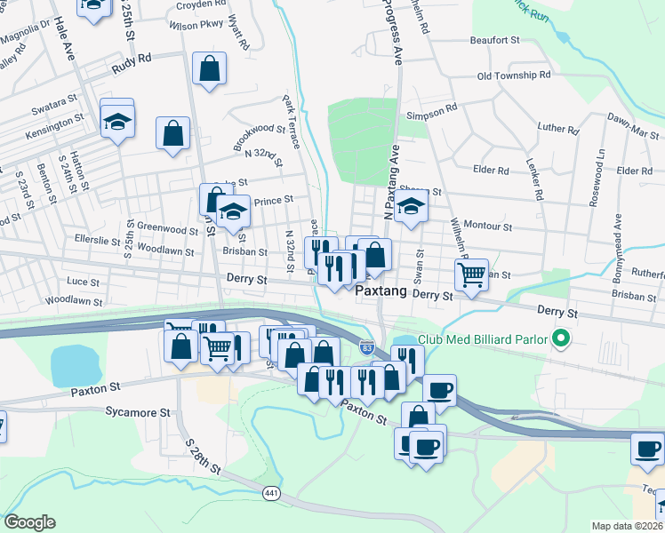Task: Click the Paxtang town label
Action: (x=381, y=291)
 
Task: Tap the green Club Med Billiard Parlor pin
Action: (x=560, y=338)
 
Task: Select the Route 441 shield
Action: (x=272, y=491)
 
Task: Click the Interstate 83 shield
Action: (x=367, y=345)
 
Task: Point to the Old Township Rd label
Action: (x=514, y=76)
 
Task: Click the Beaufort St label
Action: (x=495, y=40)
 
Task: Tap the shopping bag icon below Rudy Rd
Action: (x=209, y=68)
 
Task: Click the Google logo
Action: (x=29, y=522)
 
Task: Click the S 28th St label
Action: (x=203, y=454)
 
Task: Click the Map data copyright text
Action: (x=627, y=526)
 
